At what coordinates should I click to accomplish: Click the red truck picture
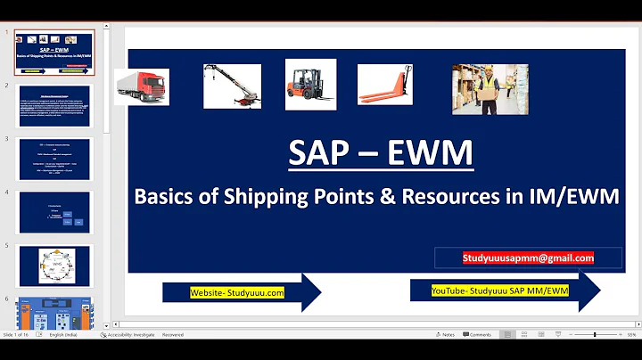pyautogui.click(x=142, y=87)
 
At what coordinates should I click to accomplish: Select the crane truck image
pyautogui.click(x=232, y=86)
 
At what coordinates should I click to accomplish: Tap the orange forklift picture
pyautogui.click(x=310, y=85)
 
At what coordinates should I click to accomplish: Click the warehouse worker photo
pyautogui.click(x=484, y=89)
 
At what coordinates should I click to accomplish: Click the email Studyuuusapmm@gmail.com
pyautogui.click(x=528, y=258)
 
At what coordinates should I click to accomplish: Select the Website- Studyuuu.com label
pyautogui.click(x=237, y=292)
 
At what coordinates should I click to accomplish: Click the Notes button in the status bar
pyautogui.click(x=444, y=335)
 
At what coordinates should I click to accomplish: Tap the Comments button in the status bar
pyautogui.click(x=476, y=335)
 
